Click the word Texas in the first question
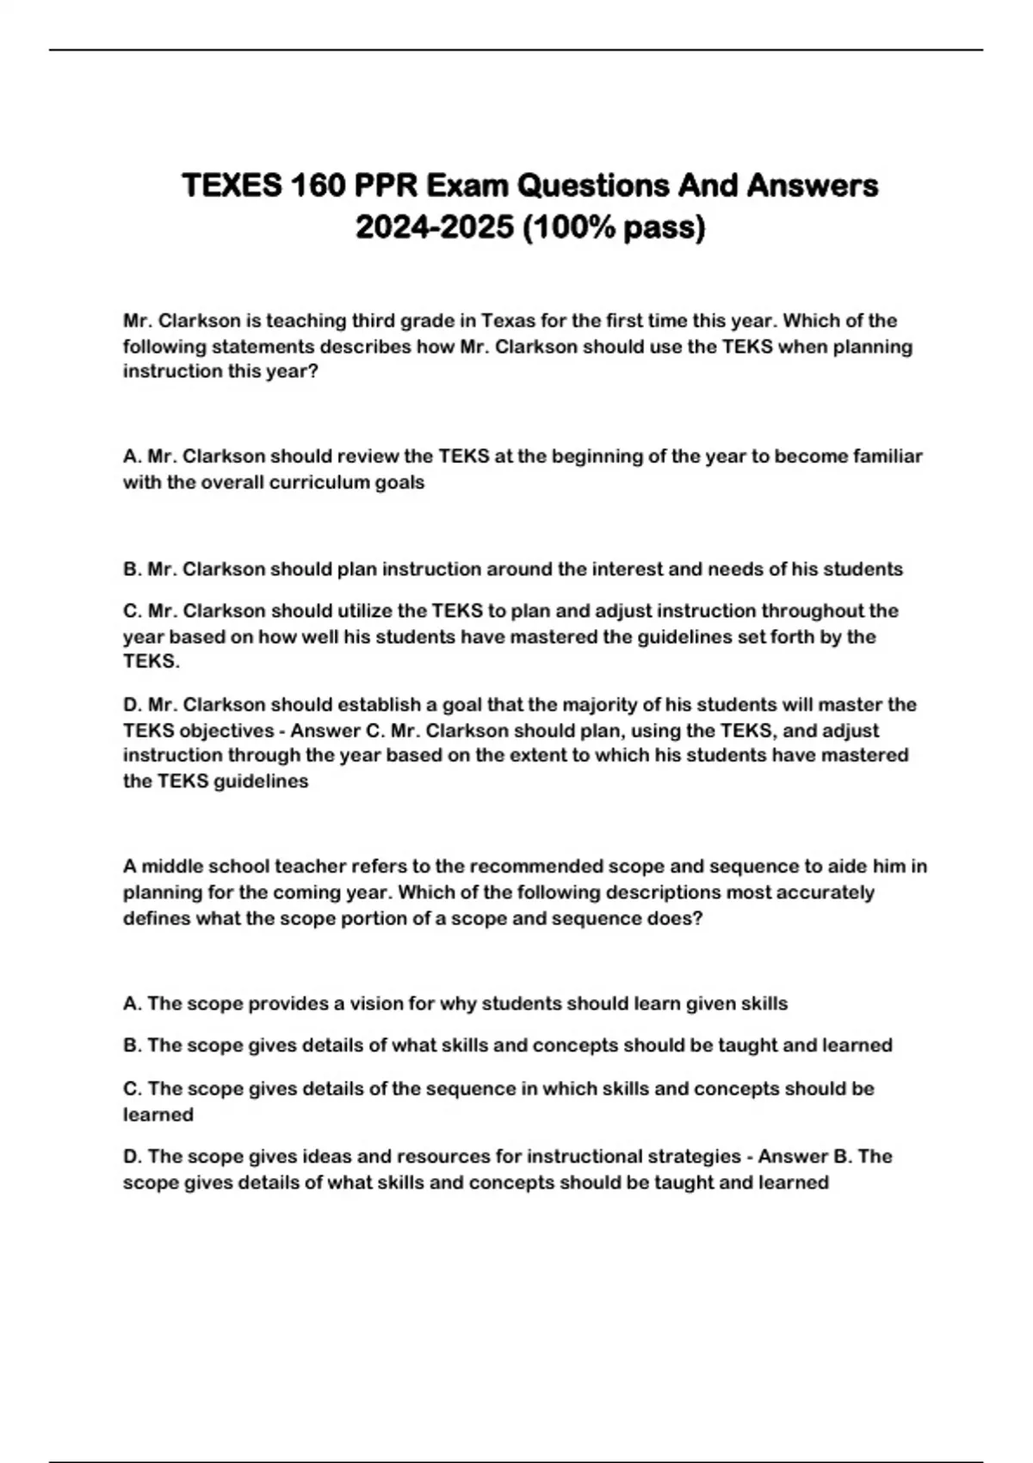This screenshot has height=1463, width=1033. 508,321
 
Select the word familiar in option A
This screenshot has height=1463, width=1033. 888,456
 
